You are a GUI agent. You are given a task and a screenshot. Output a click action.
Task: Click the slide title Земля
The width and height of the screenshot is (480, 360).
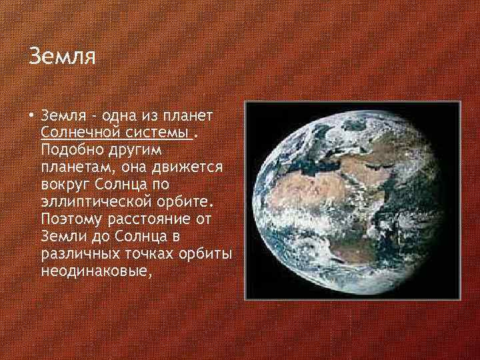(63, 55)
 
